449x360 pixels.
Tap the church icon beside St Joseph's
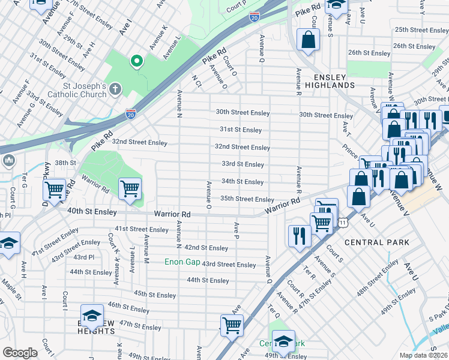(x=115, y=89)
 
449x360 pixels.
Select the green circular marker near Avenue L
(x=137, y=61)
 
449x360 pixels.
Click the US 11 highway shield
(x=342, y=223)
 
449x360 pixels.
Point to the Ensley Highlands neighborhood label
(x=334, y=81)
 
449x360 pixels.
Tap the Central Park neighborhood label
(x=377, y=242)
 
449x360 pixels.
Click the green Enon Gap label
(x=182, y=262)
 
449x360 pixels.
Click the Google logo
(x=20, y=353)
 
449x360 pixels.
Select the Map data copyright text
(x=423, y=355)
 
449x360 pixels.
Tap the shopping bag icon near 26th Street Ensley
(x=308, y=41)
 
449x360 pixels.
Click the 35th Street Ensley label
(x=247, y=199)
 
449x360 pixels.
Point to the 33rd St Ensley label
(x=243, y=164)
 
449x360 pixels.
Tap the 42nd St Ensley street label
(x=206, y=248)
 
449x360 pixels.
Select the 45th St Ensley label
(x=155, y=295)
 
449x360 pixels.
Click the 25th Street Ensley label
(x=421, y=29)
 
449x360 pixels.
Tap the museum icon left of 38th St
(x=9, y=161)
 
